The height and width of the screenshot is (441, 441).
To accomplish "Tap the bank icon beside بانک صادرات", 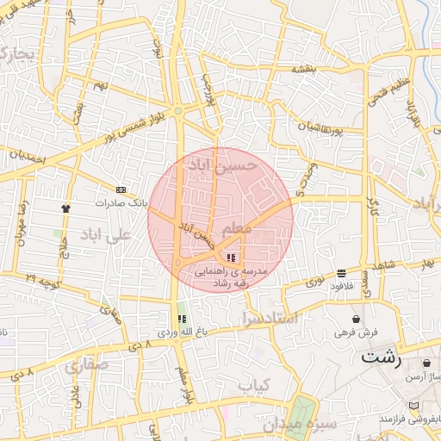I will (x=121, y=190).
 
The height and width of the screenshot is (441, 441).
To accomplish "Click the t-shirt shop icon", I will (x=65, y=208).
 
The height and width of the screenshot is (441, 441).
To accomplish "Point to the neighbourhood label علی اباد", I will (x=107, y=233).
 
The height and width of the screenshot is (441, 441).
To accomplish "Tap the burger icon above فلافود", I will (x=342, y=274).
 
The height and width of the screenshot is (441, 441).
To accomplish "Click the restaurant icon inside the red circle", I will (x=230, y=257).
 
